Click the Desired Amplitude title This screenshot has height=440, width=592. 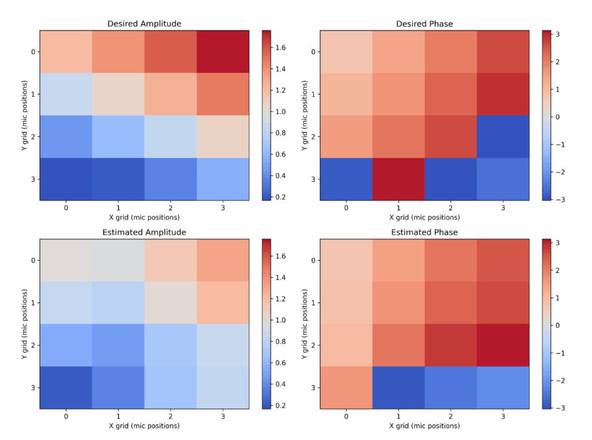pos(144,24)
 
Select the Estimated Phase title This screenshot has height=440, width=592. pos(424,232)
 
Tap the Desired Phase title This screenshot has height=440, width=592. pos(424,24)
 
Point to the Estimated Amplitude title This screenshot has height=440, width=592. pos(144,232)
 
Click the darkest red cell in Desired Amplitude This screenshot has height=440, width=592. pos(223,51)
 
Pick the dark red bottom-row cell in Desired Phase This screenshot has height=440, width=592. pos(398,179)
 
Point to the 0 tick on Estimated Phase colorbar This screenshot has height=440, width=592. pos(558,325)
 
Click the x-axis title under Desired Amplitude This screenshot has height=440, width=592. pos(144,217)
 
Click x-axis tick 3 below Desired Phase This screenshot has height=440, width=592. pos(503,206)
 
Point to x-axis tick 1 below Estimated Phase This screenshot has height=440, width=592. pos(398,415)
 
